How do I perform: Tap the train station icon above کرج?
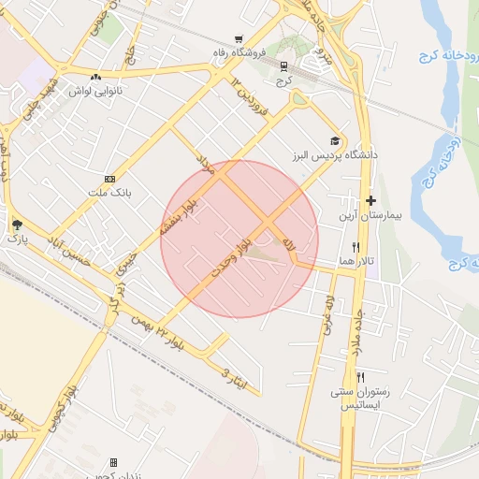(x=283, y=65)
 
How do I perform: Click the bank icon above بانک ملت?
(x=110, y=178)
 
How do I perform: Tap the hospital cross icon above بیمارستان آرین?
(x=371, y=200)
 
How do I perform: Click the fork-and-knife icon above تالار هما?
(x=356, y=247)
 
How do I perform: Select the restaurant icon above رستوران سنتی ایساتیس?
(x=348, y=377)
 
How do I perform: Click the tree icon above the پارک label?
(x=17, y=225)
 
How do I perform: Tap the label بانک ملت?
(x=110, y=192)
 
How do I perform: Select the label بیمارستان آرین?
(x=370, y=215)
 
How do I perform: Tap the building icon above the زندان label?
(x=113, y=462)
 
